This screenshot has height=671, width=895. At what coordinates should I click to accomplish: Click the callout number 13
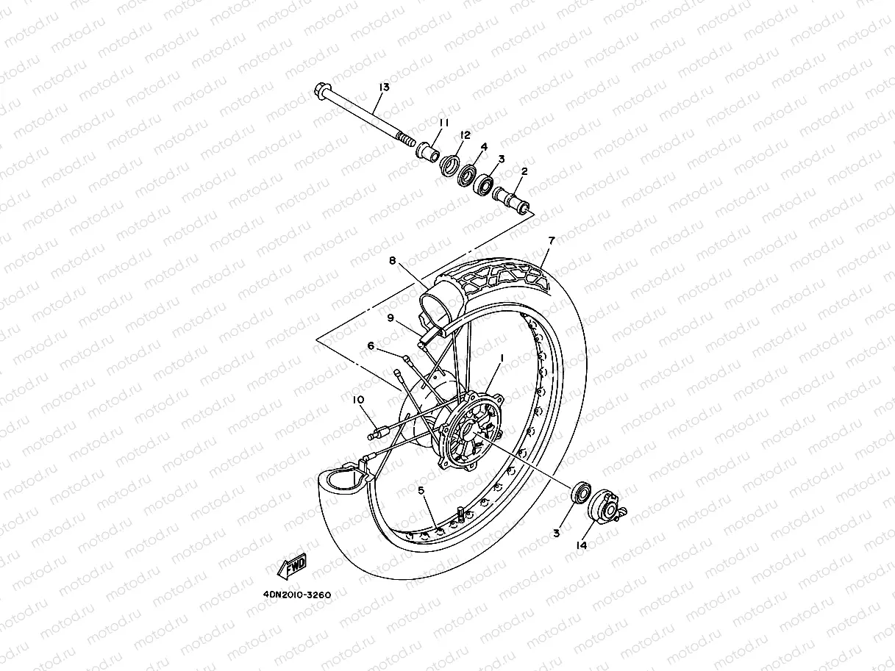(x=383, y=87)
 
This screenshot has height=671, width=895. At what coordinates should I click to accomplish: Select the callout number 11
(x=444, y=122)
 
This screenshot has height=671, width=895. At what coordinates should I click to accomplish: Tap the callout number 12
(x=465, y=134)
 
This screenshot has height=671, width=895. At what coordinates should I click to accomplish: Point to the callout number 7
(x=551, y=240)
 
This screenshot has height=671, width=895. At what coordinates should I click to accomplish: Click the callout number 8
(x=393, y=260)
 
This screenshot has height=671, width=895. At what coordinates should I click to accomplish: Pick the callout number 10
(x=358, y=400)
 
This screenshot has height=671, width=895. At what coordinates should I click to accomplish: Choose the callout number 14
(x=581, y=545)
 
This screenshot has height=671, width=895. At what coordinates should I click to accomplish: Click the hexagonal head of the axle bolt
(x=322, y=92)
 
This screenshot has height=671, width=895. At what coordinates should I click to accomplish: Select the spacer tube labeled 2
(x=515, y=200)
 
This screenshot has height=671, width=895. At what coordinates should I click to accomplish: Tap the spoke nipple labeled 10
(x=378, y=433)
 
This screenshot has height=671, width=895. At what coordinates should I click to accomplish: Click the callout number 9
(x=392, y=317)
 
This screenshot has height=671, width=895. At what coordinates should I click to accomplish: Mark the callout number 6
(x=371, y=345)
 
